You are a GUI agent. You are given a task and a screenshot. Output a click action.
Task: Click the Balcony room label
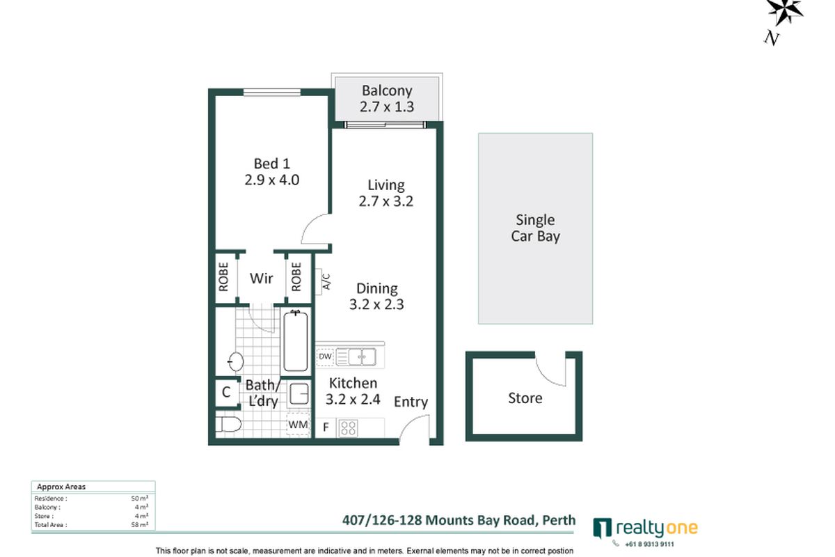pyautogui.click(x=386, y=91)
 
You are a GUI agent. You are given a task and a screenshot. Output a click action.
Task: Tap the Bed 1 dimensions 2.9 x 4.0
pyautogui.click(x=271, y=179)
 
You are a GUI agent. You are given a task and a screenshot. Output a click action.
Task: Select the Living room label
pyautogui.click(x=386, y=185)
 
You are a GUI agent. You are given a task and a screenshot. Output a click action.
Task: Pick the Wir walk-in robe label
pyautogui.click(x=261, y=278)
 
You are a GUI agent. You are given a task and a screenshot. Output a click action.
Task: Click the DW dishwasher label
pyautogui.click(x=325, y=357)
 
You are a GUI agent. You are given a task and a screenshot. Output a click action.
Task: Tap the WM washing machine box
pyautogui.click(x=298, y=424)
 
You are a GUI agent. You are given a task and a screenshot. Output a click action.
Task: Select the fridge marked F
pyautogui.click(x=325, y=427)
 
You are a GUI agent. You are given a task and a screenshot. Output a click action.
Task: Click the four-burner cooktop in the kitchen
pyautogui.click(x=348, y=427)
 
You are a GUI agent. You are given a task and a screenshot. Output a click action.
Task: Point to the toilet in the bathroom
pyautogui.click(x=228, y=425)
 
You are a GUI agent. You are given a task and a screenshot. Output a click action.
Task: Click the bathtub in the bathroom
pyautogui.click(x=295, y=342)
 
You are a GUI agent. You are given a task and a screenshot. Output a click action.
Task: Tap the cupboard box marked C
pyautogui.click(x=226, y=392)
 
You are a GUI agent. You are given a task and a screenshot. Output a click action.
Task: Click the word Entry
pyautogui.click(x=411, y=402)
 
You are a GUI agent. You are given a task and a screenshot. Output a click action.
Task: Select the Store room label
pyautogui.click(x=525, y=398)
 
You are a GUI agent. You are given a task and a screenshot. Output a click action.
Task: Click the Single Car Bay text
pyautogui.click(x=535, y=228)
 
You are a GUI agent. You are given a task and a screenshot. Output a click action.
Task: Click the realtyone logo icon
pyautogui.click(x=602, y=528)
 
